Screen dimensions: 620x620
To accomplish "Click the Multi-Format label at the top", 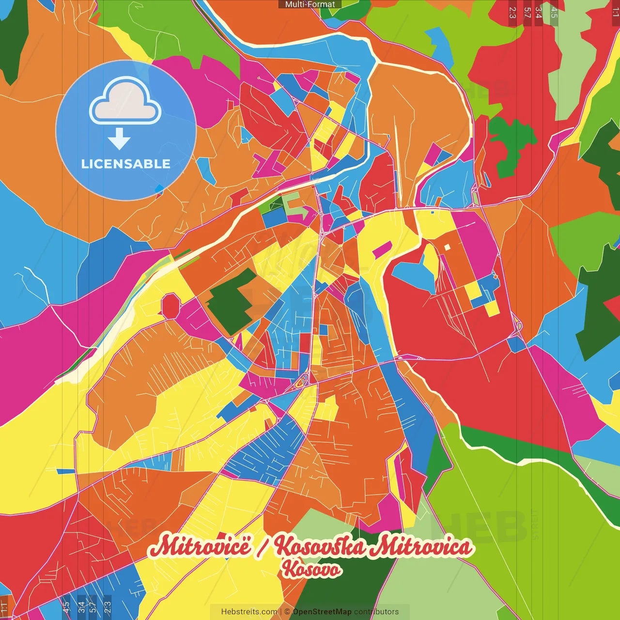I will point(310,4).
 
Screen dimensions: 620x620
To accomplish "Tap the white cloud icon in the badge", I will point(125,101).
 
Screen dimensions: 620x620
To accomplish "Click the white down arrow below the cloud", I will point(119,139).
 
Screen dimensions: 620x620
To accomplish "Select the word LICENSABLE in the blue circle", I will point(126,164).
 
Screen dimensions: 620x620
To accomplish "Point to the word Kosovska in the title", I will point(320,546).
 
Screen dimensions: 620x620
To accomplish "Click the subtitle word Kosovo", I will point(311,569).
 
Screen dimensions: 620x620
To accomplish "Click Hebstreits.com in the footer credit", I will point(249,612).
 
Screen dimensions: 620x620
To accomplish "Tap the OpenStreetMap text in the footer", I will point(322,612).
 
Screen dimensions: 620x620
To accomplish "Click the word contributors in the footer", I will point(376,612).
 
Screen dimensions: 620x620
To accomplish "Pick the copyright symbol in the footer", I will point(287,612).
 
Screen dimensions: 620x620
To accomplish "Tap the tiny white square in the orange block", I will point(447,247).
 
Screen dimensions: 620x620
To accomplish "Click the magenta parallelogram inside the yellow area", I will point(382,249).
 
